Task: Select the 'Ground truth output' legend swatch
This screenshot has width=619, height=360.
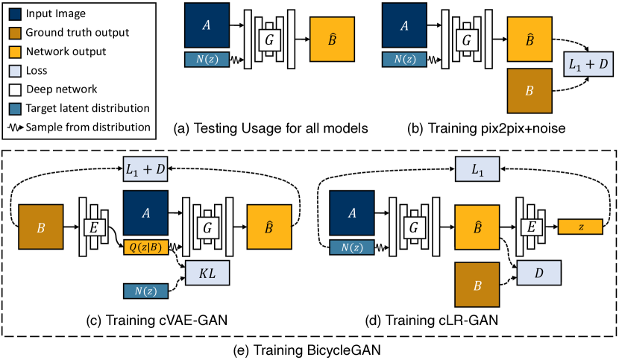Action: [16, 34]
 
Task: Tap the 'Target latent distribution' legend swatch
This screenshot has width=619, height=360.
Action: [16, 108]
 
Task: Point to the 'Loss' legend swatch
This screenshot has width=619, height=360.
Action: [16, 71]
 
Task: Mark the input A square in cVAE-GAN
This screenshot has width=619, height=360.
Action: [146, 213]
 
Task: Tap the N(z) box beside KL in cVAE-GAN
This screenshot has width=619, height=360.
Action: [146, 288]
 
